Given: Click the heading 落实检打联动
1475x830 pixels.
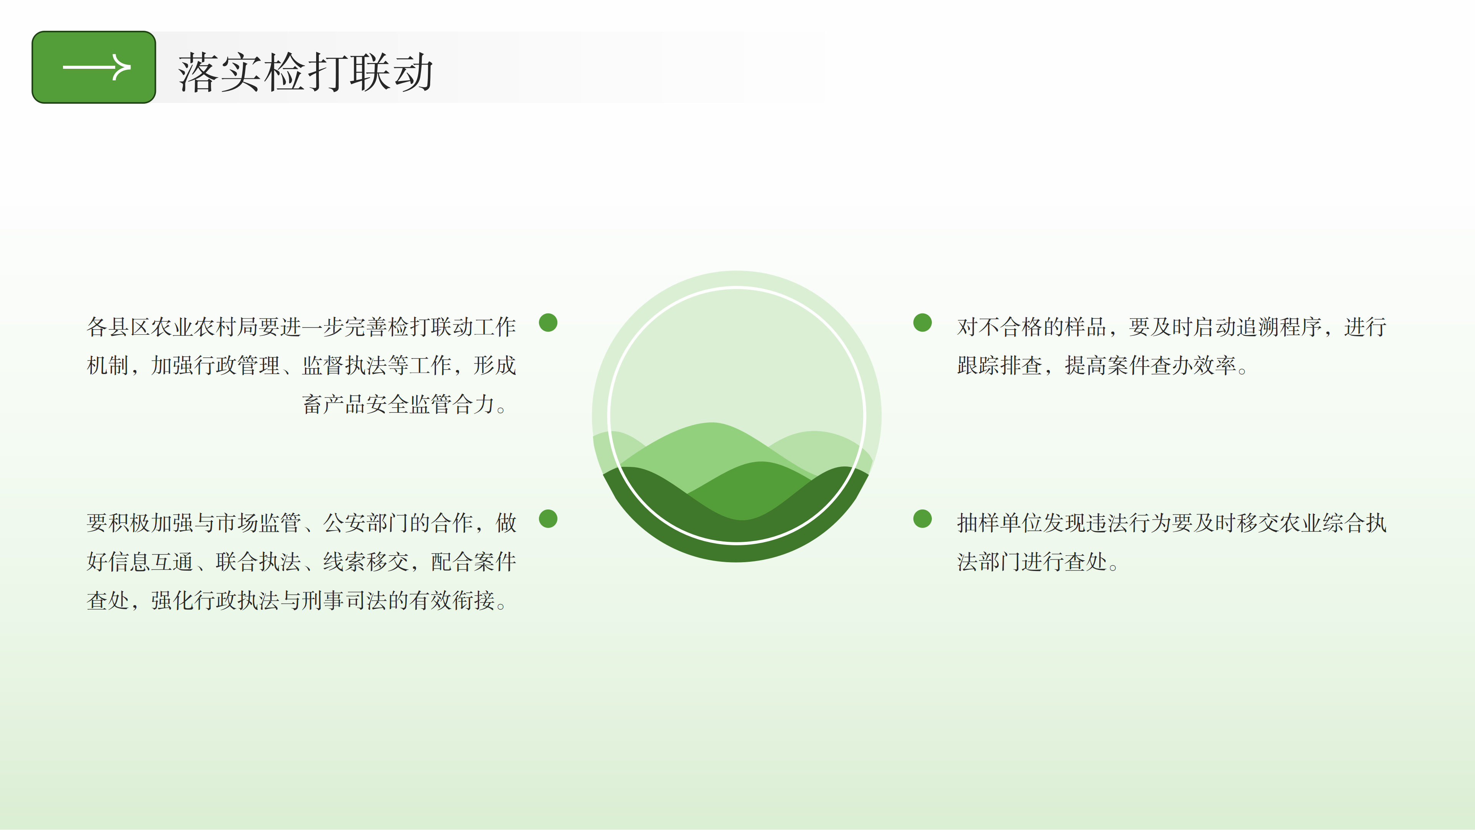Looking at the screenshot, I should pos(305,72).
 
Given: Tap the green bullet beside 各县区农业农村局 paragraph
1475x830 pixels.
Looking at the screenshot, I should pos(548,322).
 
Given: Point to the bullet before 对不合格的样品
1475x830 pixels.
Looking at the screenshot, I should pos(922,322).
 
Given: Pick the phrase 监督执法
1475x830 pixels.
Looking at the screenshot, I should pos(345,365).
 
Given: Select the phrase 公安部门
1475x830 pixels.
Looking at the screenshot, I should pos(366,523).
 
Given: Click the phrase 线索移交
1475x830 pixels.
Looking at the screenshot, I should pos(366,562).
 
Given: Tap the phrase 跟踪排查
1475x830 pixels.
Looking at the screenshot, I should pos(1000,365).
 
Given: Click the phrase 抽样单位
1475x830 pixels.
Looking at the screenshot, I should pos(1000,523).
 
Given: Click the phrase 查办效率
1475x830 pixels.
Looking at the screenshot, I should pos(1193,365).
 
